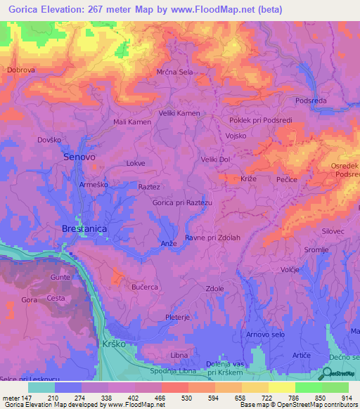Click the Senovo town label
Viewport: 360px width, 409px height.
click(x=79, y=157)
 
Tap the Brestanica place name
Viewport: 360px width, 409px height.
click(x=85, y=229)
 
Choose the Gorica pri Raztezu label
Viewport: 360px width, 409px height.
click(x=182, y=202)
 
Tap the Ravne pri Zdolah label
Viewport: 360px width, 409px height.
click(x=212, y=238)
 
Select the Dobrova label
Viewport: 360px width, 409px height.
click(x=21, y=70)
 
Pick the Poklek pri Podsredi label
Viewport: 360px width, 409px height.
click(x=259, y=119)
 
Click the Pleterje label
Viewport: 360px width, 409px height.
click(x=179, y=318)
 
